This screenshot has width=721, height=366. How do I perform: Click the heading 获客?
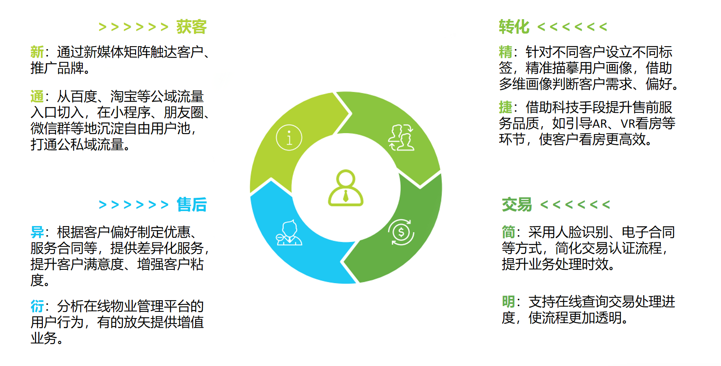[191, 27]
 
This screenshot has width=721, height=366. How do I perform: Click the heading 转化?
[514, 27]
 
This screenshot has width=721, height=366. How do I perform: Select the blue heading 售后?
[192, 204]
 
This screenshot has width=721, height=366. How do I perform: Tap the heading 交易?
[517, 204]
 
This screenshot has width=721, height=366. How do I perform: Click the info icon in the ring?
[289, 137]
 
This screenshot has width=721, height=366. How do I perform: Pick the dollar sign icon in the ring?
[401, 232]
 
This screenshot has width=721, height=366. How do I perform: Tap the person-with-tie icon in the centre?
[346, 188]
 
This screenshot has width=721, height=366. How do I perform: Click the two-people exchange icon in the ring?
[401, 137]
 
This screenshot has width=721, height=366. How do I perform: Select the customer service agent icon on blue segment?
[289, 233]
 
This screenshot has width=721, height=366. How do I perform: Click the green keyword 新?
[37, 52]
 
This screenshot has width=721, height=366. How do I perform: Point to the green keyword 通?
[37, 97]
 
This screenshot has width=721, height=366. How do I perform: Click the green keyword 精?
[505, 52]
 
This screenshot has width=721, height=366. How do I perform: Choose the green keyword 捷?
[505, 107]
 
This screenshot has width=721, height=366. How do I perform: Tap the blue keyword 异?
[37, 232]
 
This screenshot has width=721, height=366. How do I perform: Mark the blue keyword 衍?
[37, 306]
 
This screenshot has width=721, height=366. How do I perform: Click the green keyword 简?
[508, 232]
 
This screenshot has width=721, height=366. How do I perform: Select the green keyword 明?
[508, 301]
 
